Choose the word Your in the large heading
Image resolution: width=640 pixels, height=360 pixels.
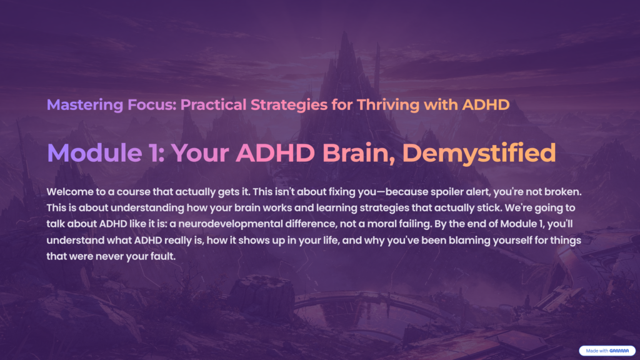coord(199,153)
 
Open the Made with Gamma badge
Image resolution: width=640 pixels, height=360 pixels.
coord(606,351)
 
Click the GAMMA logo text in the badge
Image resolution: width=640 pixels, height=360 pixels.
coord(620,351)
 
